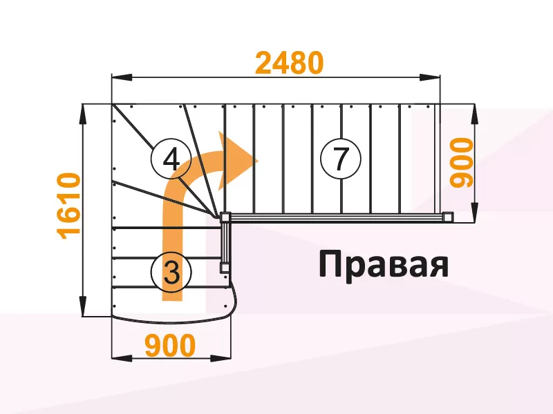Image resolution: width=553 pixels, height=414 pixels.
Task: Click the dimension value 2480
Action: coord(289,63)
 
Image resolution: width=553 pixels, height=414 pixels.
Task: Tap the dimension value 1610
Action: coord(69,206)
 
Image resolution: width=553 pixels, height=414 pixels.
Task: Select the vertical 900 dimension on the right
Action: coord(462,162)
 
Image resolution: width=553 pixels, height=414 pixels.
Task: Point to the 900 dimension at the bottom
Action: coord(170,345)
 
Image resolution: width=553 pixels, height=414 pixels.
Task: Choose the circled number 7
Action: coord(341,159)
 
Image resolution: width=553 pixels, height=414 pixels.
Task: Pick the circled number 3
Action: coord(171,273)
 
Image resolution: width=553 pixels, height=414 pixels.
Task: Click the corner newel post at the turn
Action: coord(225,217)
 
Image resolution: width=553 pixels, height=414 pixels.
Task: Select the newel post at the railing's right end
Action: coord(448,217)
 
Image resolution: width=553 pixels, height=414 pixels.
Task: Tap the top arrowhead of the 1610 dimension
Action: coord(83,114)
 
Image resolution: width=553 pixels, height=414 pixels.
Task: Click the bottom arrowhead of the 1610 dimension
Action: coord(83,306)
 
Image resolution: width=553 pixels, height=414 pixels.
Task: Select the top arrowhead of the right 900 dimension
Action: coord(475,114)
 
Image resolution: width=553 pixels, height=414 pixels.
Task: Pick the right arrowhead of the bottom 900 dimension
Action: coord(221,358)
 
